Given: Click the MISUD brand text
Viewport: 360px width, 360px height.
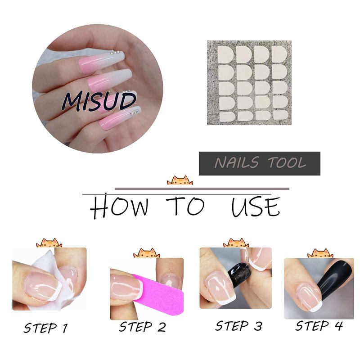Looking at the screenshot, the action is (x=99, y=102).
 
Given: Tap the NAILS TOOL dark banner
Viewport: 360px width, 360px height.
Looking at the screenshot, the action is (x=260, y=163).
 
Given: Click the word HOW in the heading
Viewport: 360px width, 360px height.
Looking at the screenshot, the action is (x=119, y=206).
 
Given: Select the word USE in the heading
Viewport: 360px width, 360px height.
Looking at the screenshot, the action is (x=256, y=207).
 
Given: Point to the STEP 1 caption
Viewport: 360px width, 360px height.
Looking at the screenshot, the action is (x=46, y=328).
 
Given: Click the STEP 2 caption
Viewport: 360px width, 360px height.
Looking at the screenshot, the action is (x=142, y=327).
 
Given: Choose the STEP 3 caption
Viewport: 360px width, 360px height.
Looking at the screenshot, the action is (x=238, y=326).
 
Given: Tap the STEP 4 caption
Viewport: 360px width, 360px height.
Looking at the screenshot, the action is (x=319, y=326).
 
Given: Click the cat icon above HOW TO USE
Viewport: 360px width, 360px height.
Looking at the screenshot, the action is (x=180, y=180).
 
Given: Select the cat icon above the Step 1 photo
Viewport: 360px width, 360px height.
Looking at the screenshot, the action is (x=49, y=243).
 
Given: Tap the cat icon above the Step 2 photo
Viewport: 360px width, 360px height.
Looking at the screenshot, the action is (x=147, y=253).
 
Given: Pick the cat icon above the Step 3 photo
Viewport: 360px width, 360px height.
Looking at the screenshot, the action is (x=236, y=243).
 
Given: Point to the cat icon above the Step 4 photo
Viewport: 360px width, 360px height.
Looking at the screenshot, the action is (x=320, y=253).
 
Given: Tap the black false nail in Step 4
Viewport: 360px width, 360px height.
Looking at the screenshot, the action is (x=334, y=283).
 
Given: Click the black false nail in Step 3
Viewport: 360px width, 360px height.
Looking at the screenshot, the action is (x=240, y=274).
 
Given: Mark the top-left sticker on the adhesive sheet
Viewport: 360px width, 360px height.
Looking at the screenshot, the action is (x=225, y=54).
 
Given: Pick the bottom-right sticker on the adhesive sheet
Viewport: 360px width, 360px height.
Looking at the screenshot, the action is (x=281, y=115).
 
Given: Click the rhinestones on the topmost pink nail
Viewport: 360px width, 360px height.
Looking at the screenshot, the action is (x=115, y=52).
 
